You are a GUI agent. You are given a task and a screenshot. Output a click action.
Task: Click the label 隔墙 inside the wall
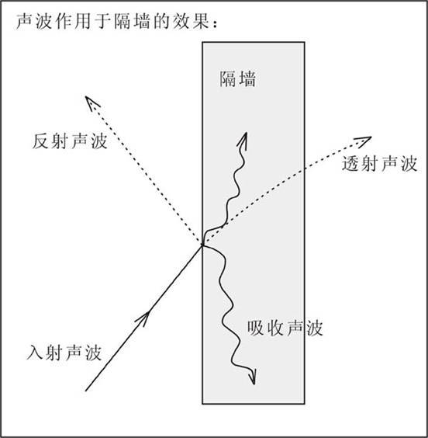238,79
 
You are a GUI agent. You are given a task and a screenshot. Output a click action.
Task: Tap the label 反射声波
70,141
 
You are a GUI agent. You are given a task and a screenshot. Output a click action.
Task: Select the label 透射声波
379,163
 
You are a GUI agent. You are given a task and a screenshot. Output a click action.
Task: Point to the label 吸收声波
285,328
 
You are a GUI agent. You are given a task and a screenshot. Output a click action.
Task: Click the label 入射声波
64,353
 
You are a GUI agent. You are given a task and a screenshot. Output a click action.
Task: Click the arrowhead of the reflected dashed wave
91,103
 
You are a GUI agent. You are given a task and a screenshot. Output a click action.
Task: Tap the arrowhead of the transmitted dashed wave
363,141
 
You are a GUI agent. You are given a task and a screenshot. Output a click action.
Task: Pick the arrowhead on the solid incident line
143,318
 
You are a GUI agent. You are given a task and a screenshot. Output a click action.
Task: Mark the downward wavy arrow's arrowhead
252,377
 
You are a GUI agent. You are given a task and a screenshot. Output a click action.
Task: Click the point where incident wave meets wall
202,245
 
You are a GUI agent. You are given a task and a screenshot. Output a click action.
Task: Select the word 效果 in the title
191,21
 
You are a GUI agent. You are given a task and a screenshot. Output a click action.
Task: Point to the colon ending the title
215,25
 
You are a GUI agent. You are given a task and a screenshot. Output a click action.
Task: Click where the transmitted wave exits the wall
304,170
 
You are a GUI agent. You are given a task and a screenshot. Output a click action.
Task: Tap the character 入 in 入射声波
36,353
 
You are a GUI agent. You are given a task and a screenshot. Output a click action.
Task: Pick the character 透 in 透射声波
351,163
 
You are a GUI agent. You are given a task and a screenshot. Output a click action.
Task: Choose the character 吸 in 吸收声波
256,328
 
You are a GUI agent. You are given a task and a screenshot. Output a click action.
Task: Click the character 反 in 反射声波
41,141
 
